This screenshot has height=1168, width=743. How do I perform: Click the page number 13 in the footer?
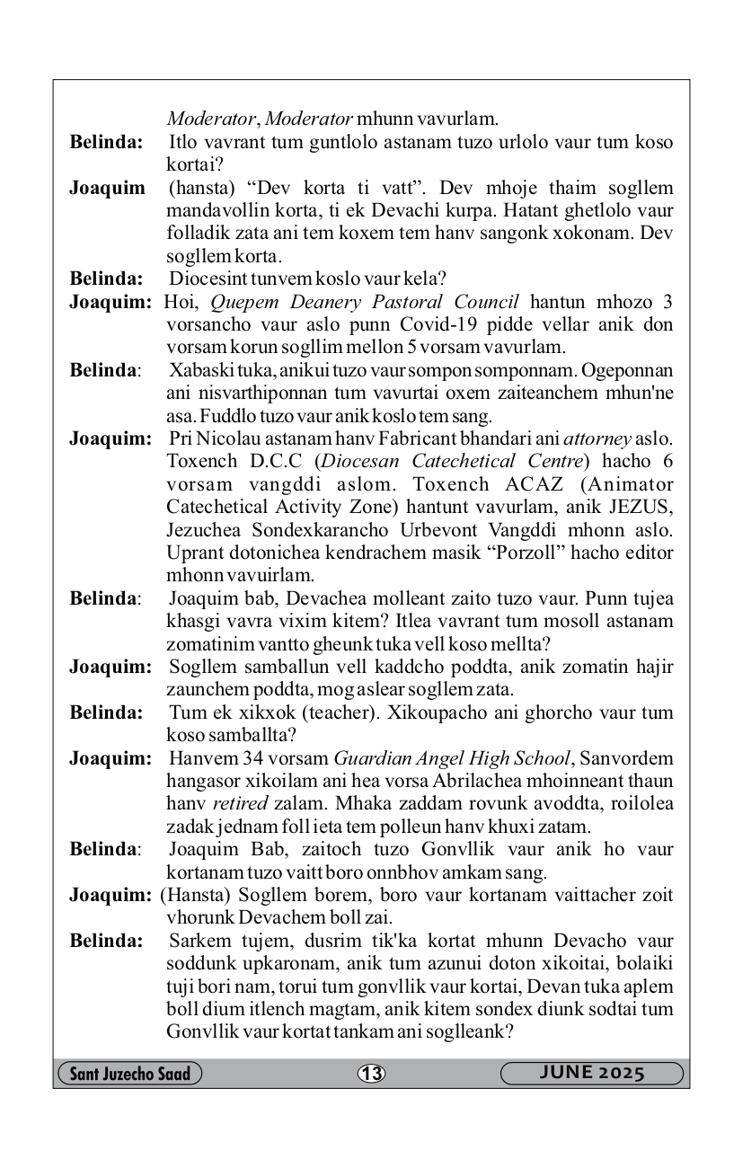pos(371,1074)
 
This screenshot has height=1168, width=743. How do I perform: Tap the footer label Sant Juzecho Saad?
pos(129,1074)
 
